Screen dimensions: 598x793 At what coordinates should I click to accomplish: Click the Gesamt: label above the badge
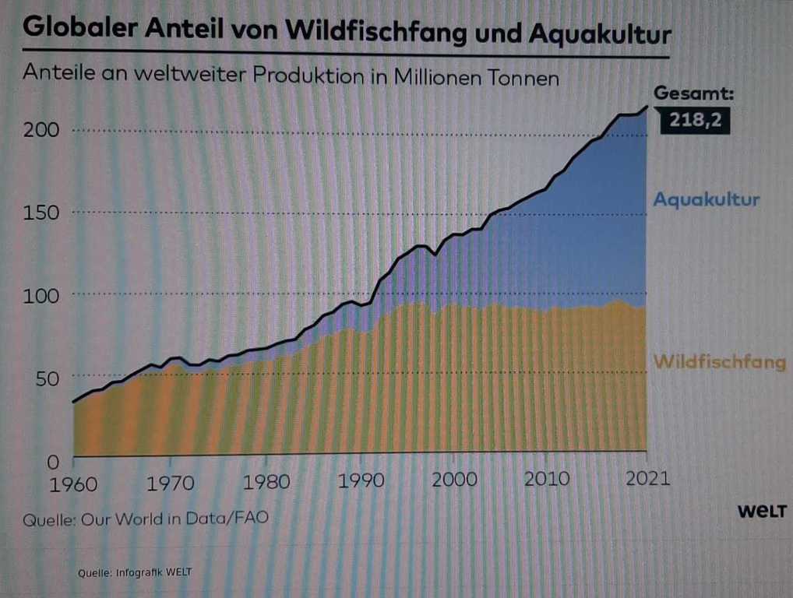[x=693, y=93]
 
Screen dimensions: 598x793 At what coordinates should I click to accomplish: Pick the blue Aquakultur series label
[x=706, y=199]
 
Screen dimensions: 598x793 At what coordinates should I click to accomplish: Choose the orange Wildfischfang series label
[x=719, y=362]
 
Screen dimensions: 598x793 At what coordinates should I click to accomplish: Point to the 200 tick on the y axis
[x=42, y=130]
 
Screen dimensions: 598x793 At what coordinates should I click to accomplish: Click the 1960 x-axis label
[x=73, y=483]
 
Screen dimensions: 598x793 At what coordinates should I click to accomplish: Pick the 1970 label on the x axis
[x=170, y=483]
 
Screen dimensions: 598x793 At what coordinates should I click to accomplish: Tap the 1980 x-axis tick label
[x=266, y=482]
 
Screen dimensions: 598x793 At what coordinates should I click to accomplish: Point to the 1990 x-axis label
[x=361, y=480]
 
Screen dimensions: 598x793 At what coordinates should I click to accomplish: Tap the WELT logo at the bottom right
[x=761, y=512]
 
